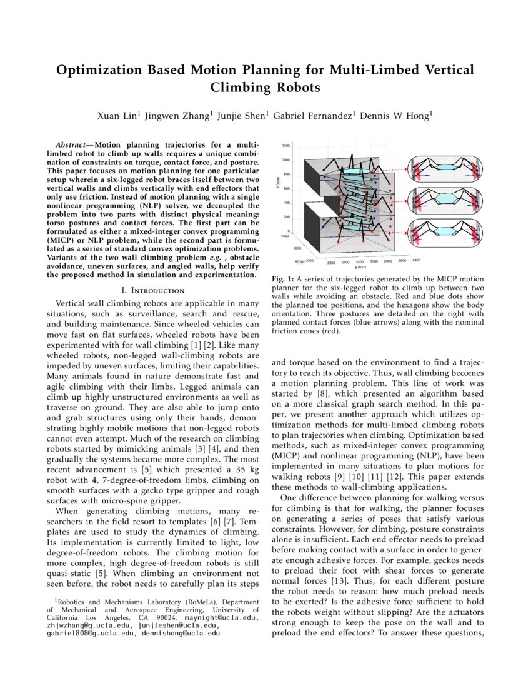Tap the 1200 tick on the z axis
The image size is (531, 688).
coord(285,146)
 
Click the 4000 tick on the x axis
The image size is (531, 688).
coord(285,236)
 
